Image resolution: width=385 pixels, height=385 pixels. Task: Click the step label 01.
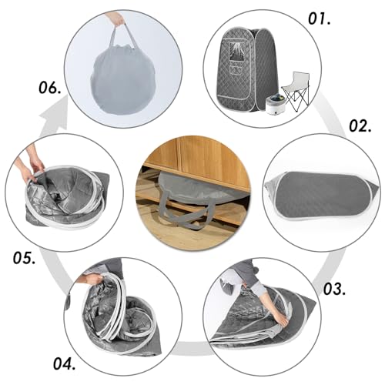pos(319,18)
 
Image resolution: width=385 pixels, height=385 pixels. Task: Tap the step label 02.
pos(360,126)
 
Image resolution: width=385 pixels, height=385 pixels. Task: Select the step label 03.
pos(334,289)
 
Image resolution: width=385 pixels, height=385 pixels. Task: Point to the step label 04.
pos(65,363)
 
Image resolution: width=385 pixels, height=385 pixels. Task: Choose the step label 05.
pos(25,258)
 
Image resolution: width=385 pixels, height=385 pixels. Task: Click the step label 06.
pos(50,88)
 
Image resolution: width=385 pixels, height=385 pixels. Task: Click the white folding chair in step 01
pos(296,90)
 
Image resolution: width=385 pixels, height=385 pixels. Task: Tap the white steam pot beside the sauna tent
pos(276,105)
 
